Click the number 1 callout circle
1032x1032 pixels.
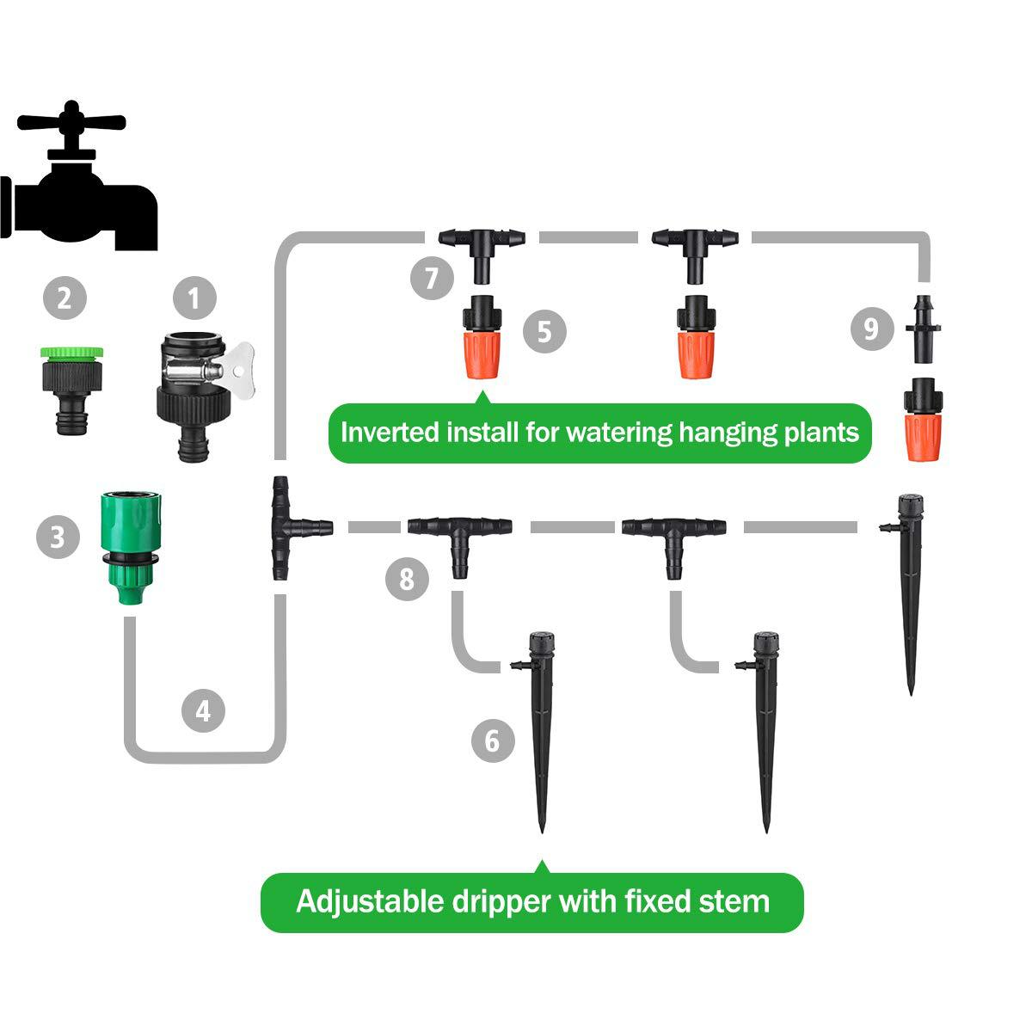(194, 298)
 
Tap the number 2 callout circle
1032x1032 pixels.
(64, 298)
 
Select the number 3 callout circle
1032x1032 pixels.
(58, 537)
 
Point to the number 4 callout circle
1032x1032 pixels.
(203, 710)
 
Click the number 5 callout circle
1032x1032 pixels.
(544, 330)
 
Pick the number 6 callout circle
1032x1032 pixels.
(493, 740)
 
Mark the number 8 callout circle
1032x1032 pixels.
(407, 579)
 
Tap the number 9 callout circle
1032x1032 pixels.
(872, 329)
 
